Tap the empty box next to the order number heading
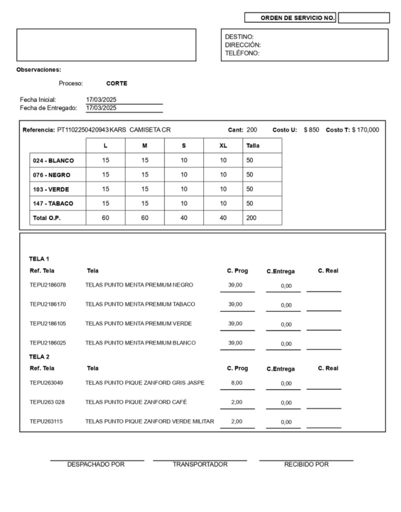pyautogui.click(x=363, y=18)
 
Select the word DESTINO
pyautogui.click(x=239, y=36)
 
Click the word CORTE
pyautogui.click(x=117, y=83)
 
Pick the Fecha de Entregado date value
pyautogui.click(x=101, y=107)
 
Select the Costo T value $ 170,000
pyautogui.click(x=365, y=130)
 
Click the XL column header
pyautogui.click(x=223, y=145)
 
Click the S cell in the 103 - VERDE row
pyautogui.click(x=183, y=189)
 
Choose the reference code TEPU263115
pyautogui.click(x=46, y=421)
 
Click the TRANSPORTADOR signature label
pyautogui.click(x=200, y=464)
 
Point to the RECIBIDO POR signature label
pyautogui.click(x=306, y=464)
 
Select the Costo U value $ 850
pyautogui.click(x=312, y=130)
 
